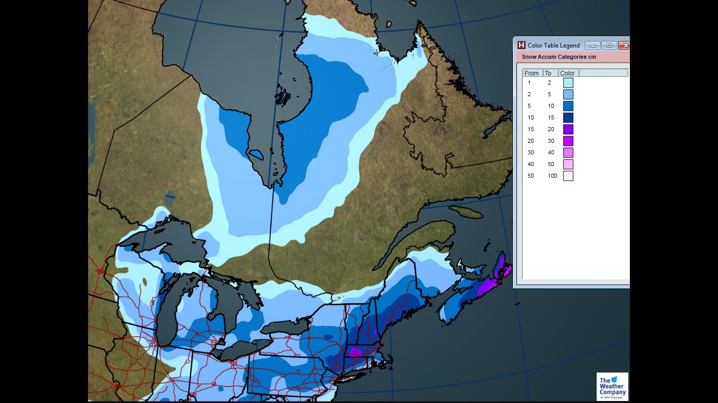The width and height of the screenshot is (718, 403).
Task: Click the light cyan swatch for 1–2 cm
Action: pos(568,83)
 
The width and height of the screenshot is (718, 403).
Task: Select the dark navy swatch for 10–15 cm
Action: pos(568,117)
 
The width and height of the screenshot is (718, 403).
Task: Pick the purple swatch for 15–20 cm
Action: pos(568,129)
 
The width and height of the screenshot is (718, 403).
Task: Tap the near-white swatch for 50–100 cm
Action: pos(568,176)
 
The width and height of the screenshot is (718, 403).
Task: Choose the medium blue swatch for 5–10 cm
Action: pos(568,106)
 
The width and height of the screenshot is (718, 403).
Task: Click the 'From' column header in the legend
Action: pos(532,73)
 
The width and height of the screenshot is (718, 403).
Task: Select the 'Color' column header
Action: pos(568,73)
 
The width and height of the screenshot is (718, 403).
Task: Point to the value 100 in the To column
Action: pos(552,176)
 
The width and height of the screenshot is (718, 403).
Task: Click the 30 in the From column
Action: pos(530,152)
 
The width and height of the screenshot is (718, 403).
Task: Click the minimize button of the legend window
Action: pos(592,46)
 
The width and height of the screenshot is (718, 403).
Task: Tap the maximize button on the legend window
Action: pos(609,46)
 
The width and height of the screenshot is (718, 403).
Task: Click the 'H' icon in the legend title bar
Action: pos(521,45)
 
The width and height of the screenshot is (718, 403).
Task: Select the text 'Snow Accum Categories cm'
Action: pos(559,57)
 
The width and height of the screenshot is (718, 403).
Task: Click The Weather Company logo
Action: pos(612,387)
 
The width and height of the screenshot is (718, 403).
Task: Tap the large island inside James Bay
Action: pos(256,154)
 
